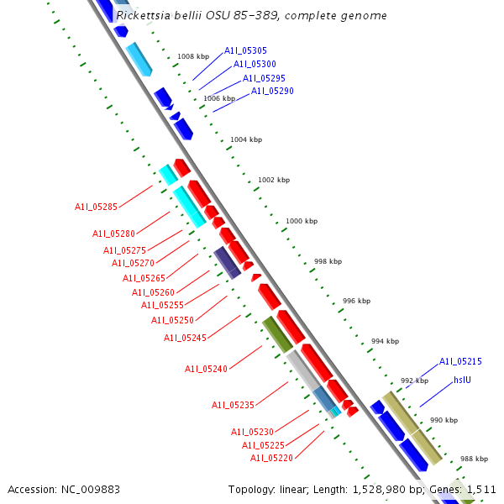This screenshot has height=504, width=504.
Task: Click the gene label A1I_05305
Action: point(245,51)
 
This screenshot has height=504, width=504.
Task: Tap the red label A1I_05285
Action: point(96,206)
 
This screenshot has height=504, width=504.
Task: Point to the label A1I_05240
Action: point(206,369)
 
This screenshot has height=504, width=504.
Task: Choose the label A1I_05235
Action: point(233,405)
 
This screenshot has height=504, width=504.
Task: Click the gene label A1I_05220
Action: point(271,458)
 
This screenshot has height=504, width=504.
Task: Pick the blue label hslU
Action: point(462,380)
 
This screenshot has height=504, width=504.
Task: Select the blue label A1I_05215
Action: point(460,361)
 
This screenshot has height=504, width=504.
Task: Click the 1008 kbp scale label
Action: point(193,57)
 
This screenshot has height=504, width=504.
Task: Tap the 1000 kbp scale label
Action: point(302,221)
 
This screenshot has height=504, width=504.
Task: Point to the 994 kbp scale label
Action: point(385,341)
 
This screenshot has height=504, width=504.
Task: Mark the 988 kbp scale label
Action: point(474,459)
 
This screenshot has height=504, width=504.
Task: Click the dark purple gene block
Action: point(227,262)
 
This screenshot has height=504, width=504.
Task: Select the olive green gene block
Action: point(276,333)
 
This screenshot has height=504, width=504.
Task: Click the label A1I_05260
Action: point(153,292)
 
